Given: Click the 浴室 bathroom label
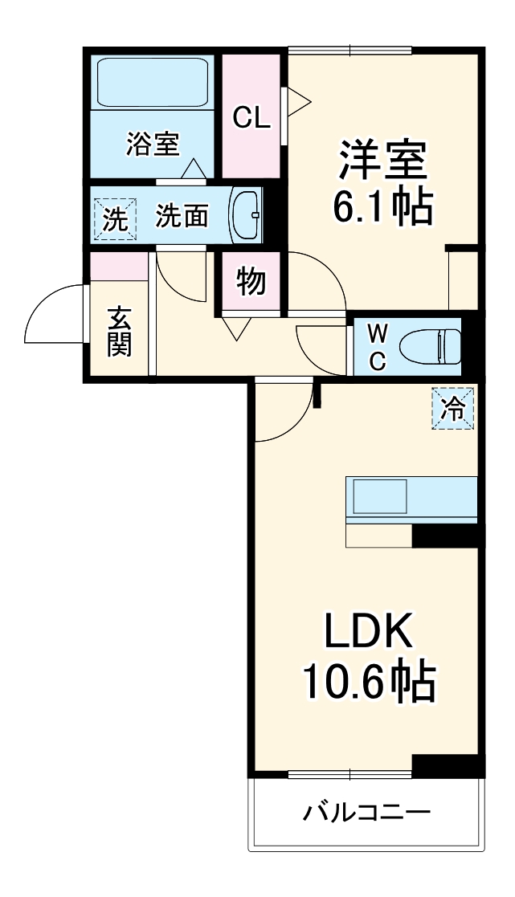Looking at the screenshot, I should [152, 145].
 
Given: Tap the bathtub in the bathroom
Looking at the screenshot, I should [153, 82].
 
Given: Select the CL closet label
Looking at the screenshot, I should [251, 117].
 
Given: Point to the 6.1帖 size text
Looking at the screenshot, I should [382, 207].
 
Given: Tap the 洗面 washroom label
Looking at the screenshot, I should [182, 215].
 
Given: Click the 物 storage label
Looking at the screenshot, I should [251, 283].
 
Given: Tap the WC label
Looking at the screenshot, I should [378, 346].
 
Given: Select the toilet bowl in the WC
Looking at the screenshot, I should [432, 346].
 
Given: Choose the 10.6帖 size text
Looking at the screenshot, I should [368, 682].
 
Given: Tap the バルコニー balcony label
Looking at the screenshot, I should [366, 813].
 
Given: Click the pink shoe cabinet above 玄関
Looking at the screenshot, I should [119, 266].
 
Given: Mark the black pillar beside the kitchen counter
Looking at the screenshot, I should [445, 536].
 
